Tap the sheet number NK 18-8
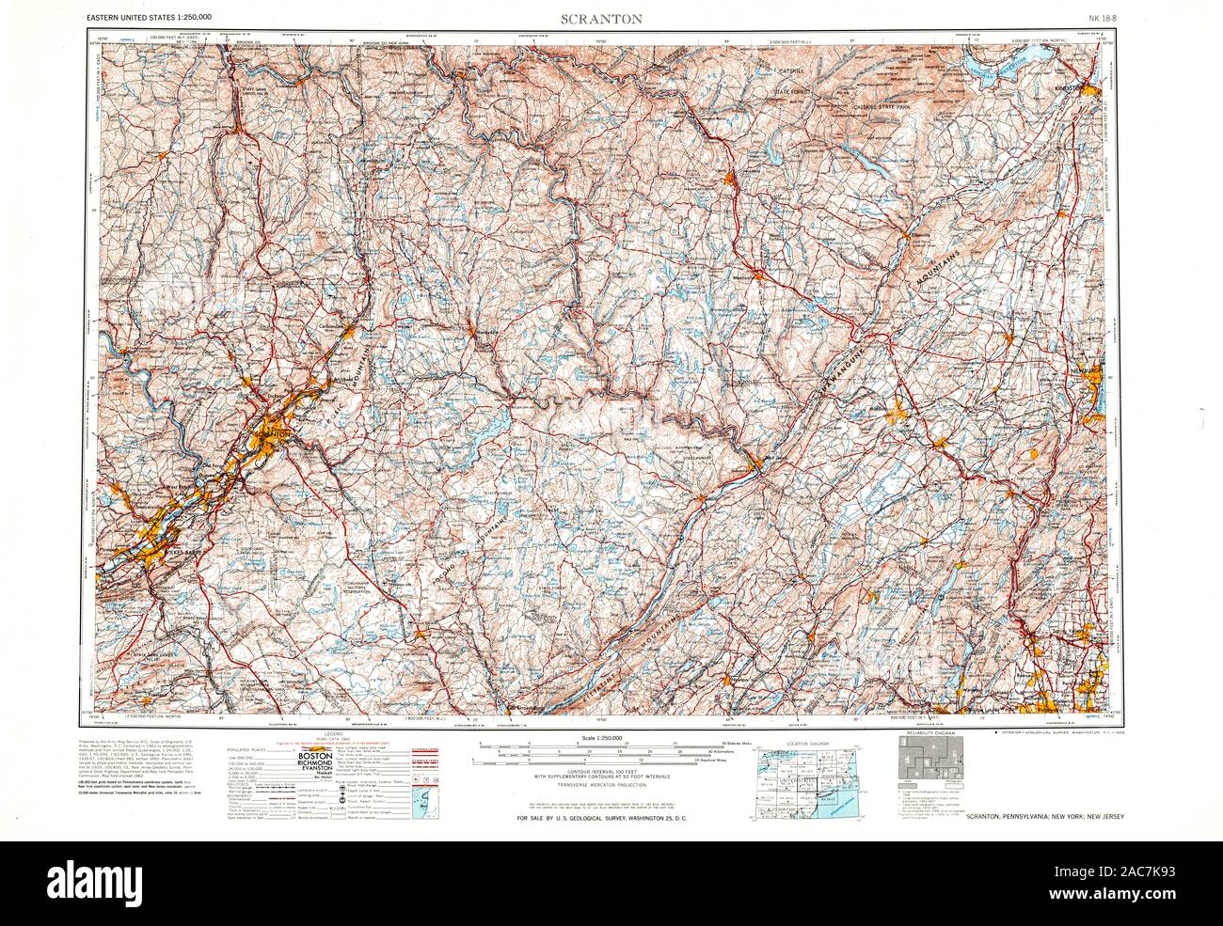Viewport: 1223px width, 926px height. tap(1102, 18)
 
